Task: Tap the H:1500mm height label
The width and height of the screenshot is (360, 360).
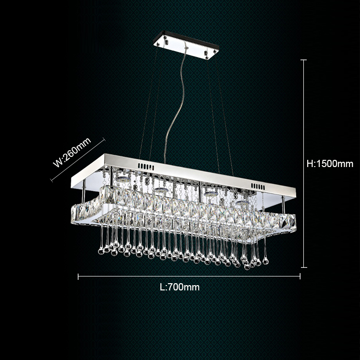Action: tap(329, 163)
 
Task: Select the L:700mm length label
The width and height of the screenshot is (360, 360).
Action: tap(180, 287)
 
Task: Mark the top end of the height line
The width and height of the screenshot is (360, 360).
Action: tap(303, 60)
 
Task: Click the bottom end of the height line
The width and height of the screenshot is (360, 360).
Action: tap(303, 266)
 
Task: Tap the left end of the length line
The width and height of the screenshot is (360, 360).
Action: tap(78, 276)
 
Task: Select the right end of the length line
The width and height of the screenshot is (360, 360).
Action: tap(300, 276)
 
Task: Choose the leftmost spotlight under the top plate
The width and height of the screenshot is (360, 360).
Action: tap(123, 178)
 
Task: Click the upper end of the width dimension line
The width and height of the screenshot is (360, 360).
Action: tap(103, 140)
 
